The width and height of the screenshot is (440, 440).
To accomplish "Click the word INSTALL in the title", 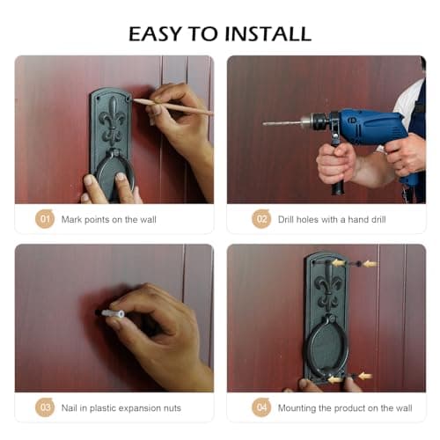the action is tap(268, 33).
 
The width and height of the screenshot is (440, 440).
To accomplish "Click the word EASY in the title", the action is tap(155, 33).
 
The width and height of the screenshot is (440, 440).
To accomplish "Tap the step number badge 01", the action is tap(45, 219).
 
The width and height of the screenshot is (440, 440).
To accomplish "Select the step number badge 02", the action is tap(261, 219).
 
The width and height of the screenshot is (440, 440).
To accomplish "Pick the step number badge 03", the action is tap(45, 407).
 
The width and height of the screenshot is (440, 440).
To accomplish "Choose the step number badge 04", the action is tap(261, 407).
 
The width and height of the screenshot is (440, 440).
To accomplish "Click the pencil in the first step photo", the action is tap(173, 106).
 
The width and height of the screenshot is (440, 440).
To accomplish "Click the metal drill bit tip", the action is tap(264, 124).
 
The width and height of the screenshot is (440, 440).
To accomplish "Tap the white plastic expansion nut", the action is tap(113, 313).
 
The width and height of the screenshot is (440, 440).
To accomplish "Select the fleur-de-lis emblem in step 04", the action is tap(327, 285).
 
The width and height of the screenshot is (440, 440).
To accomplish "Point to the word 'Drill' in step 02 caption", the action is tap(285, 219).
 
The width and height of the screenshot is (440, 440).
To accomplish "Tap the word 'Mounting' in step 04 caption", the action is tap(297, 408).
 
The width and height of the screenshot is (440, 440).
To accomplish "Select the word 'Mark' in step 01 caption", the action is tap(71, 219).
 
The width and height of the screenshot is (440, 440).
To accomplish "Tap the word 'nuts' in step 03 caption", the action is tap(172, 408).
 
